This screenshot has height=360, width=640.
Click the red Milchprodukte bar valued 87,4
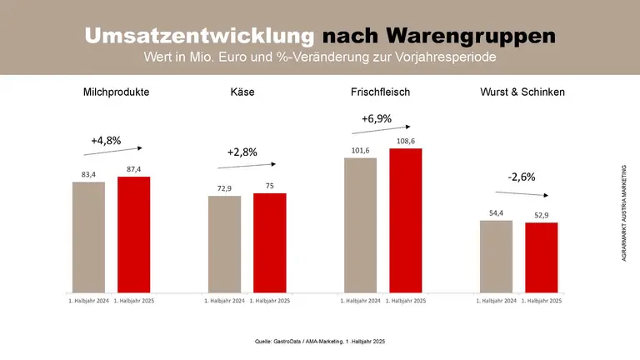pos(133,234)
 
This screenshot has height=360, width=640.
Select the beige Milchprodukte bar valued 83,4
pos(88,237)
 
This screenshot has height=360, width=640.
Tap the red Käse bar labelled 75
pos(269,242)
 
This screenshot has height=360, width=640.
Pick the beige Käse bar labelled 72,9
pos(224,243)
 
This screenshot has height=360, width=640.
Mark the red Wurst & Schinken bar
pos(541,257)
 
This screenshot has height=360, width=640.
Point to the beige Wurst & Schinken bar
pos(496,256)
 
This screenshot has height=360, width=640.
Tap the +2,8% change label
pos(242,152)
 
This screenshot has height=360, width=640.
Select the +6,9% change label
pos(377,118)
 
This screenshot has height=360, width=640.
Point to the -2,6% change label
pos(522,177)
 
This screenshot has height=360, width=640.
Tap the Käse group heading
pos(242,92)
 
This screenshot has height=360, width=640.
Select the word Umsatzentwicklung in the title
pos(200,37)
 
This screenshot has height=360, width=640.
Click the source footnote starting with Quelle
pos(320,342)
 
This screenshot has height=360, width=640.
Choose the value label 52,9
pos(542,215)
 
